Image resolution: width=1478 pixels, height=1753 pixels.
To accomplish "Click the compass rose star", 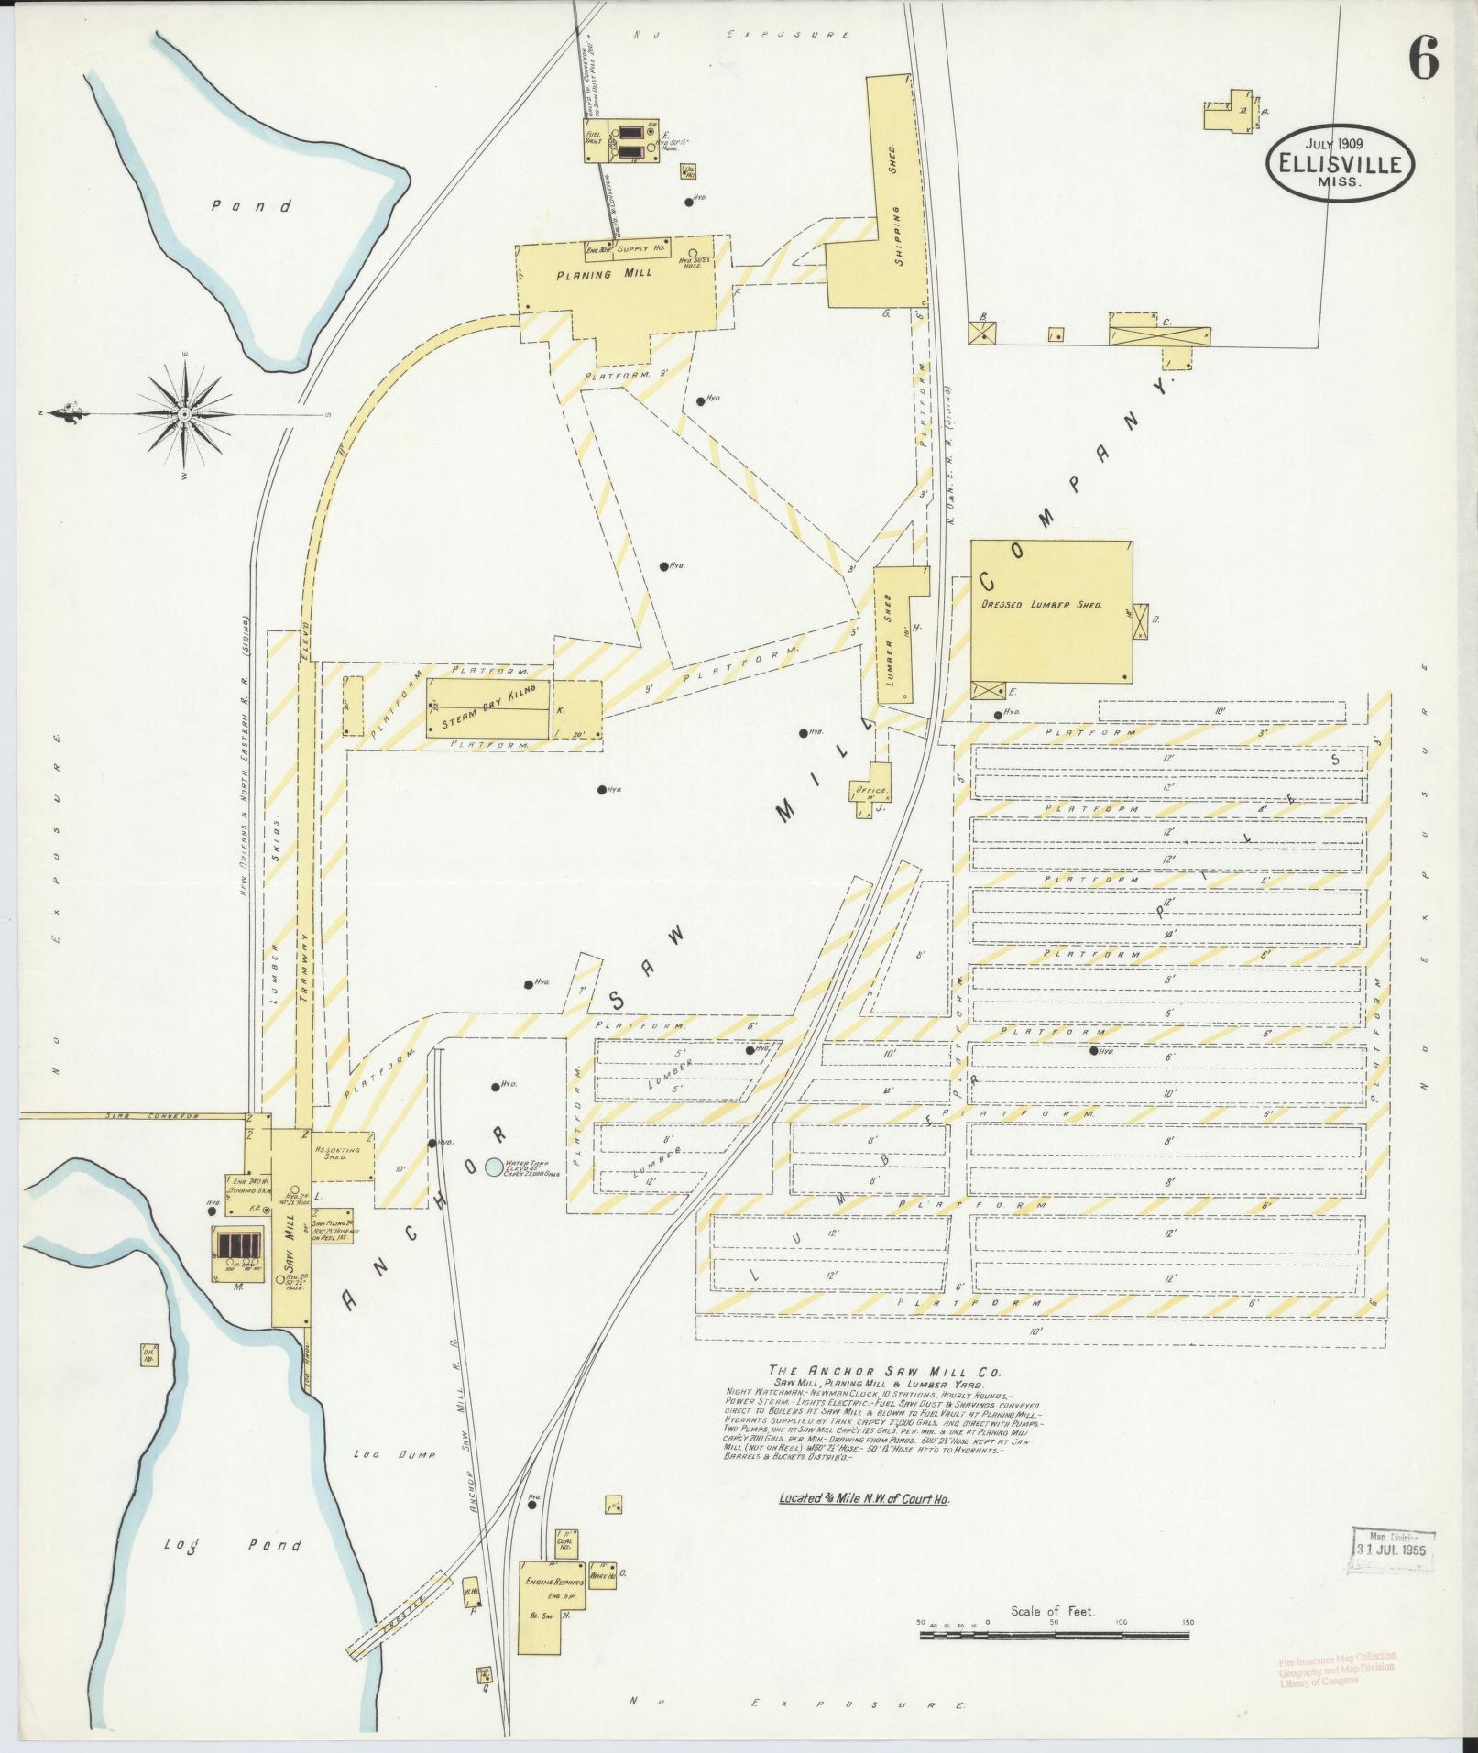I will [184, 414].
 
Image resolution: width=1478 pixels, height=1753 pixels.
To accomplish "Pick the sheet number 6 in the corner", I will [1423, 60].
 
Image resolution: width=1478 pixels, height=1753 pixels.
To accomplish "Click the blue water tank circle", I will [494, 1167].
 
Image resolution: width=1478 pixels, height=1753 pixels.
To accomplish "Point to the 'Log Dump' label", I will [381, 1453].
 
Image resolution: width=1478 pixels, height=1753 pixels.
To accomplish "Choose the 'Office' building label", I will [871, 790].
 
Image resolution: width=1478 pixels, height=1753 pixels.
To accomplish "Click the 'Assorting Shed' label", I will [338, 1153].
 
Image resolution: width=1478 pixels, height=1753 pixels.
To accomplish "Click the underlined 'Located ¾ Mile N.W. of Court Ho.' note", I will [864, 1499].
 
